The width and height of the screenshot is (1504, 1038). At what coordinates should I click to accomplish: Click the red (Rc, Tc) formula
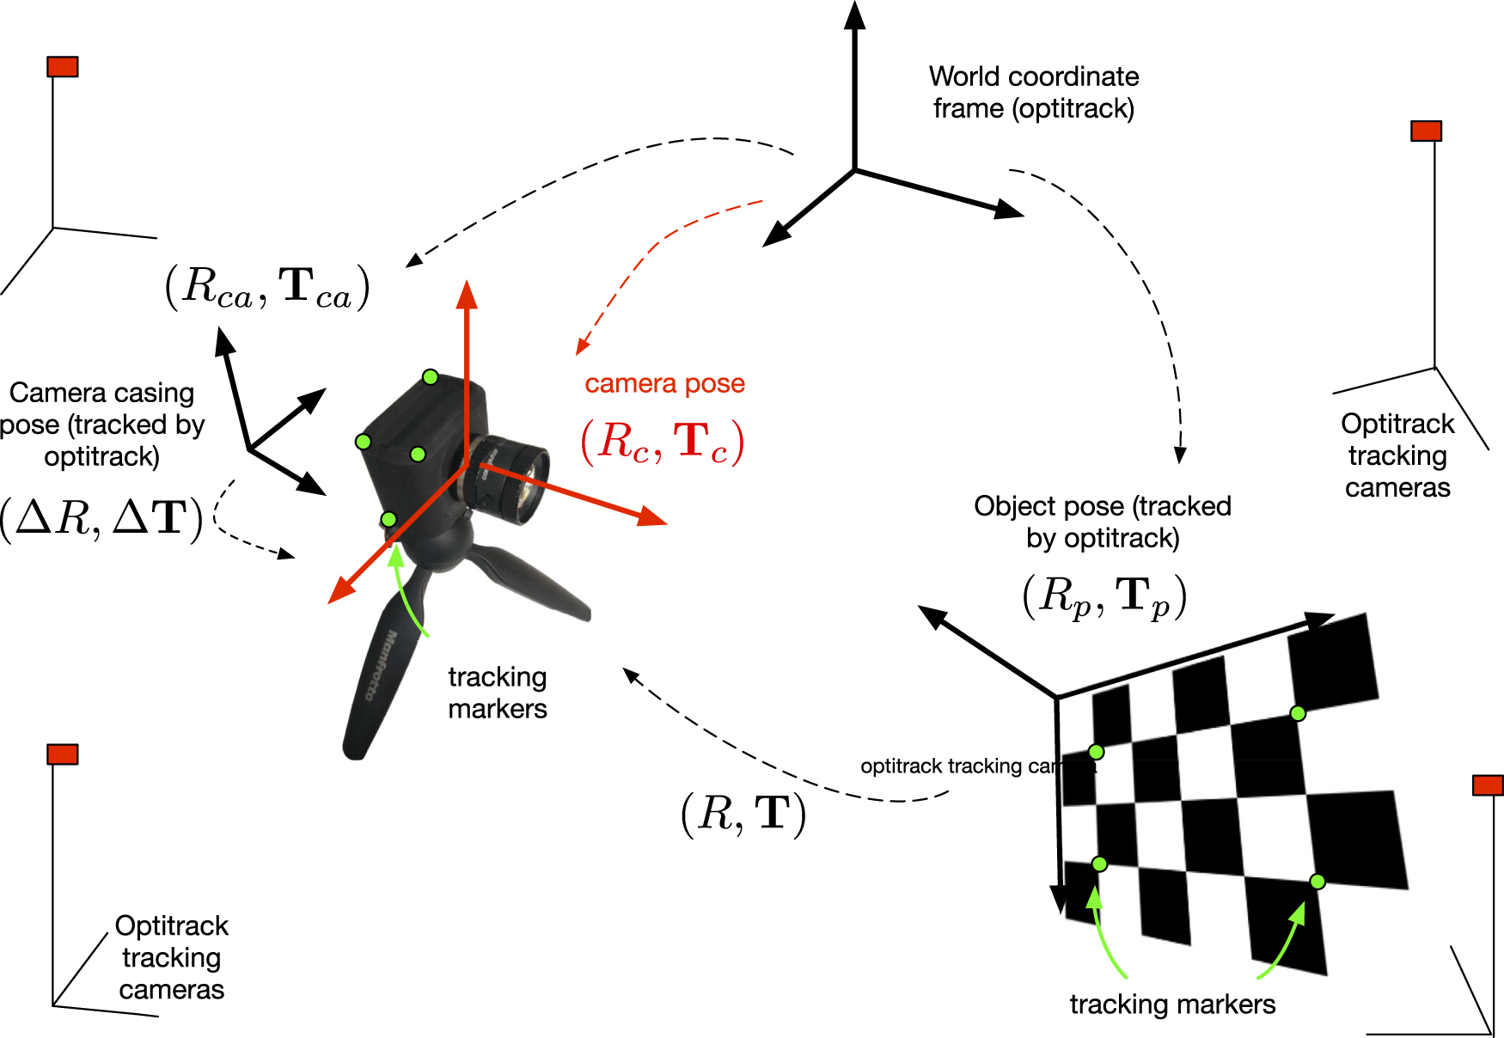tap(663, 443)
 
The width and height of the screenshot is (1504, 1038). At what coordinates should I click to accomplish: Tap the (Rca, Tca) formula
tap(267, 287)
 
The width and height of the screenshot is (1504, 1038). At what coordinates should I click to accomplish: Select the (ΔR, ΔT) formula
tap(101, 518)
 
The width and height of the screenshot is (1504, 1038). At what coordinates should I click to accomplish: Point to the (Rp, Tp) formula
tap(1104, 596)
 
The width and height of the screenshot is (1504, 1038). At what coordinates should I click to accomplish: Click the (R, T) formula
tap(743, 813)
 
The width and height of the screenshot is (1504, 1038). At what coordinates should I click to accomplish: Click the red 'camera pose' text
tap(664, 383)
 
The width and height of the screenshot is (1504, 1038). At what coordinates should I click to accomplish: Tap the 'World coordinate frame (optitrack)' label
tap(1034, 92)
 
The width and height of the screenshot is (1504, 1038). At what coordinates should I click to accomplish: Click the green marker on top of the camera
tap(431, 377)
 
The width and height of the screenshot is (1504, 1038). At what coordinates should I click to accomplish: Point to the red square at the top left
tap(63, 67)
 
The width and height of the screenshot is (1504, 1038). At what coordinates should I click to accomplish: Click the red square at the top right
tap(1426, 131)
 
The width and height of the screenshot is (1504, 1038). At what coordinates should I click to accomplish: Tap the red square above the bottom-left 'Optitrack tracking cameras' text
tap(63, 754)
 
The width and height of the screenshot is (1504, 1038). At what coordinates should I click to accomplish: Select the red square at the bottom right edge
tap(1488, 785)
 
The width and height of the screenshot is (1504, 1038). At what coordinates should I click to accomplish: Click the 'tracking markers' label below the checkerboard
tap(1172, 1004)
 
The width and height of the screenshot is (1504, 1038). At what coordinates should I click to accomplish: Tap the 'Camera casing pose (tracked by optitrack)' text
tap(101, 424)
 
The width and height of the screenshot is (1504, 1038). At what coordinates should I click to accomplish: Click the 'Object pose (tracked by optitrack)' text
tap(1103, 522)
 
